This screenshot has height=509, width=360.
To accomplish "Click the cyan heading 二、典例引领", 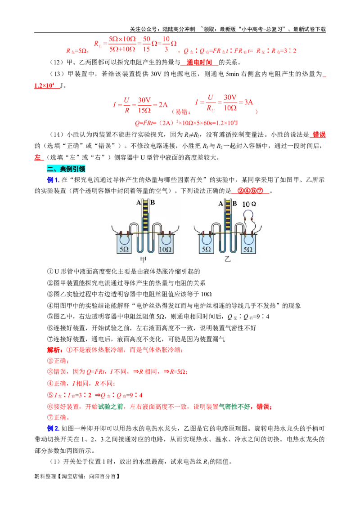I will click(66, 169).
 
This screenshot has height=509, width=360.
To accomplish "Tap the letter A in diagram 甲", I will click(139, 203).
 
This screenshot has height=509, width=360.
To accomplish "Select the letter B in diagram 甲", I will click(153, 203).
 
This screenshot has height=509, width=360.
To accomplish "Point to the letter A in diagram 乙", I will click(221, 204).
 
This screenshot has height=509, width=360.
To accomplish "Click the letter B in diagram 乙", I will click(234, 204).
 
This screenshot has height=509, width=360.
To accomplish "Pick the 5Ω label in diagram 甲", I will click(124, 249).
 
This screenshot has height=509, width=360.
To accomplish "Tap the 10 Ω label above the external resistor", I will click(249, 204).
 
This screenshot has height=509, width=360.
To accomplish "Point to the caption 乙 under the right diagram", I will click(227, 259).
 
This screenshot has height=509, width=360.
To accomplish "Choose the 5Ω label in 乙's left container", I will click(206, 249).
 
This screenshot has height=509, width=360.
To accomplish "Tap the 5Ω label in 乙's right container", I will click(248, 249).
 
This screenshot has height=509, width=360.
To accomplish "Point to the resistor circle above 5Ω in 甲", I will click(124, 239).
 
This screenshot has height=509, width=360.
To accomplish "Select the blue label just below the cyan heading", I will click(53, 180).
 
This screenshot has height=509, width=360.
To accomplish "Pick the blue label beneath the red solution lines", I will click(53, 429).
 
